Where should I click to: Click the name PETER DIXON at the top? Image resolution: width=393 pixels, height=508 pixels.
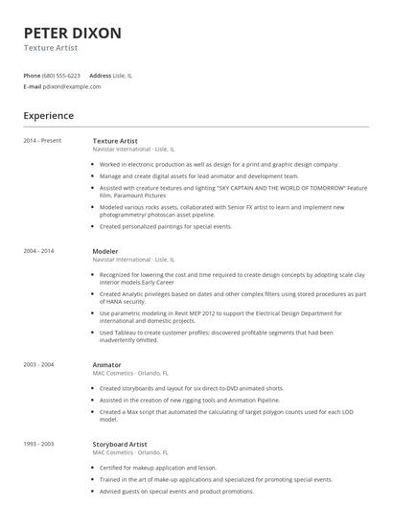point(73,33)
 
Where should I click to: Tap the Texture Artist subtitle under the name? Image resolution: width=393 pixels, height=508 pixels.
point(51,47)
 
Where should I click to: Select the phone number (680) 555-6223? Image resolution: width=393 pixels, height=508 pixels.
point(61,75)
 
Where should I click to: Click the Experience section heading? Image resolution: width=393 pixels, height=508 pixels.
point(49,116)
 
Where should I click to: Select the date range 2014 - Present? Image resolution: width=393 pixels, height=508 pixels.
point(42,141)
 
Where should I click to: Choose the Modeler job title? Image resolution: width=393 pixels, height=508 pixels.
point(105,250)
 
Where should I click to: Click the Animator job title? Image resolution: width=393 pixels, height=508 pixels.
point(106,337)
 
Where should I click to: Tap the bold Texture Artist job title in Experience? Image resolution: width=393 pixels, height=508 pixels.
point(116,141)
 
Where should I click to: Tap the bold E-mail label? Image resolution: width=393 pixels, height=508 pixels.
point(32,86)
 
